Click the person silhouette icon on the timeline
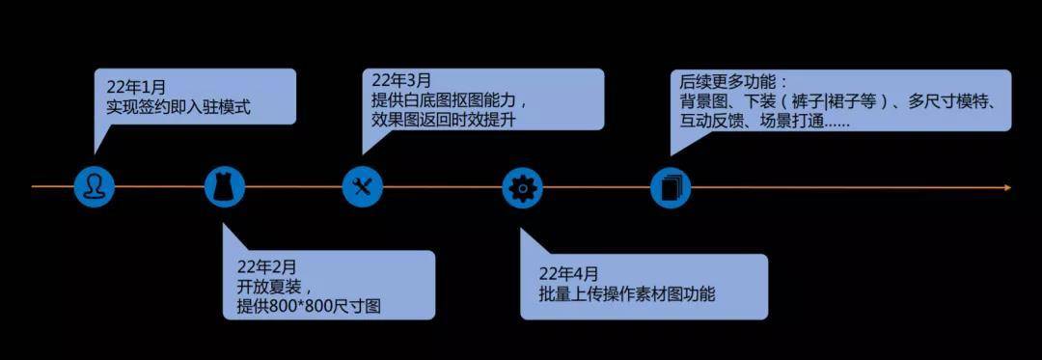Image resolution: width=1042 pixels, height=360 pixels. [94, 186]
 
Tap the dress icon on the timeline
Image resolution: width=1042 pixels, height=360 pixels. [225, 186]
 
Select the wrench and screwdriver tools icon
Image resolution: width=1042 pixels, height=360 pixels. [363, 186]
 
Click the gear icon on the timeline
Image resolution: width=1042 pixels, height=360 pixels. [522, 187]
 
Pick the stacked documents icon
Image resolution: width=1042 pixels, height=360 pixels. [670, 187]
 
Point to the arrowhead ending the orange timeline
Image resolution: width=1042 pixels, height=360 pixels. [1007, 188]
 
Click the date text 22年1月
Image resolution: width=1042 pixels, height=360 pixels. [136, 87]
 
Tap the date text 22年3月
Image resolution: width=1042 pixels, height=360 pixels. [401, 81]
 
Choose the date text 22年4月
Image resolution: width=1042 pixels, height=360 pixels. [569, 273]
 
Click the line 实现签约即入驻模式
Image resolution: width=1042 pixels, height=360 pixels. [178, 106]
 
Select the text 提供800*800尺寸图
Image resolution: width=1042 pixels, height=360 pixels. [309, 307]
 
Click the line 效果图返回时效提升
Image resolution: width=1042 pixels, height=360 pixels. [444, 121]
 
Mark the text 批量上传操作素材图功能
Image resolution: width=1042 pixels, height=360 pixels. [627, 292]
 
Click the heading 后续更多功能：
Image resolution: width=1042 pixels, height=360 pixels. [733, 82]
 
